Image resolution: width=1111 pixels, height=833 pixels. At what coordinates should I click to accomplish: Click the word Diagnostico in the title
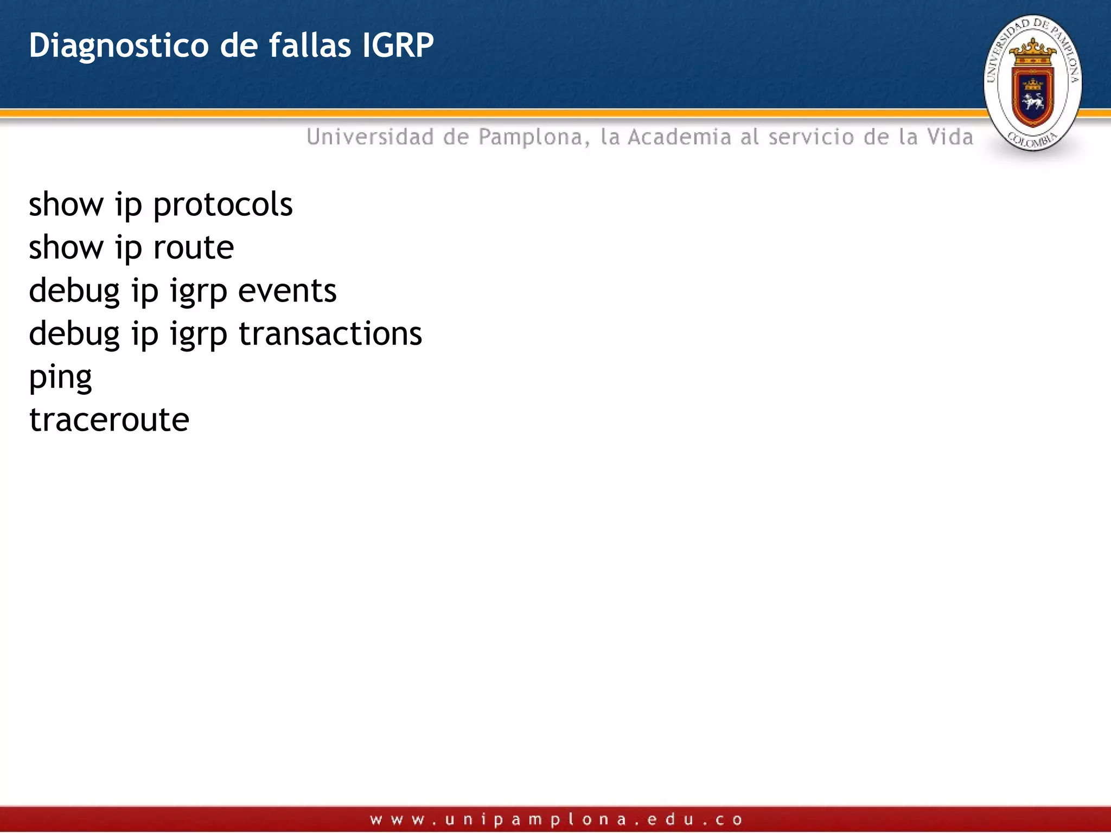click(x=118, y=46)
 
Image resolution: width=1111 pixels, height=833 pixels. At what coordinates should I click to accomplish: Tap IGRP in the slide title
click(x=398, y=45)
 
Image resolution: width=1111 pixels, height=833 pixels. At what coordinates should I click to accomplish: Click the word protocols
click(x=222, y=206)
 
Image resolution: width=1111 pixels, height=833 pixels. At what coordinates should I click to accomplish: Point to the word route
click(x=193, y=248)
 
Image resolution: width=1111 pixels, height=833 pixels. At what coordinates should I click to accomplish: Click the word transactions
click(x=330, y=334)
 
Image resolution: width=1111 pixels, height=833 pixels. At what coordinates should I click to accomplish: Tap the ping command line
click(x=60, y=377)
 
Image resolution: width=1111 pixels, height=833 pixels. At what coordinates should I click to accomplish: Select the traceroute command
click(x=109, y=420)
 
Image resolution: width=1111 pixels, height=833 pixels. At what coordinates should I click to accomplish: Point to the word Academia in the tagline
click(x=679, y=137)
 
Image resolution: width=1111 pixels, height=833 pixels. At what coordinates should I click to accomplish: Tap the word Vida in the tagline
click(x=950, y=137)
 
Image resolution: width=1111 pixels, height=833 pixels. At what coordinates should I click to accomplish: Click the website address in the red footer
click(x=555, y=819)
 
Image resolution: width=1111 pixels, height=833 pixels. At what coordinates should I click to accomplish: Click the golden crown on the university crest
click(x=1032, y=50)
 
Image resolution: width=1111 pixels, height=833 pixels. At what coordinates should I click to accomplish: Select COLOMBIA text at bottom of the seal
click(x=1032, y=140)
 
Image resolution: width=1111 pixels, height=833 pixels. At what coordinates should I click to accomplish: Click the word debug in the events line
click(x=74, y=291)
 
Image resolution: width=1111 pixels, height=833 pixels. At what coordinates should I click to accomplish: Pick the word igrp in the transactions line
click(x=198, y=335)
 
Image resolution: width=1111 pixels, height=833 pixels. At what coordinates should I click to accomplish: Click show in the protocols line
click(x=66, y=206)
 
